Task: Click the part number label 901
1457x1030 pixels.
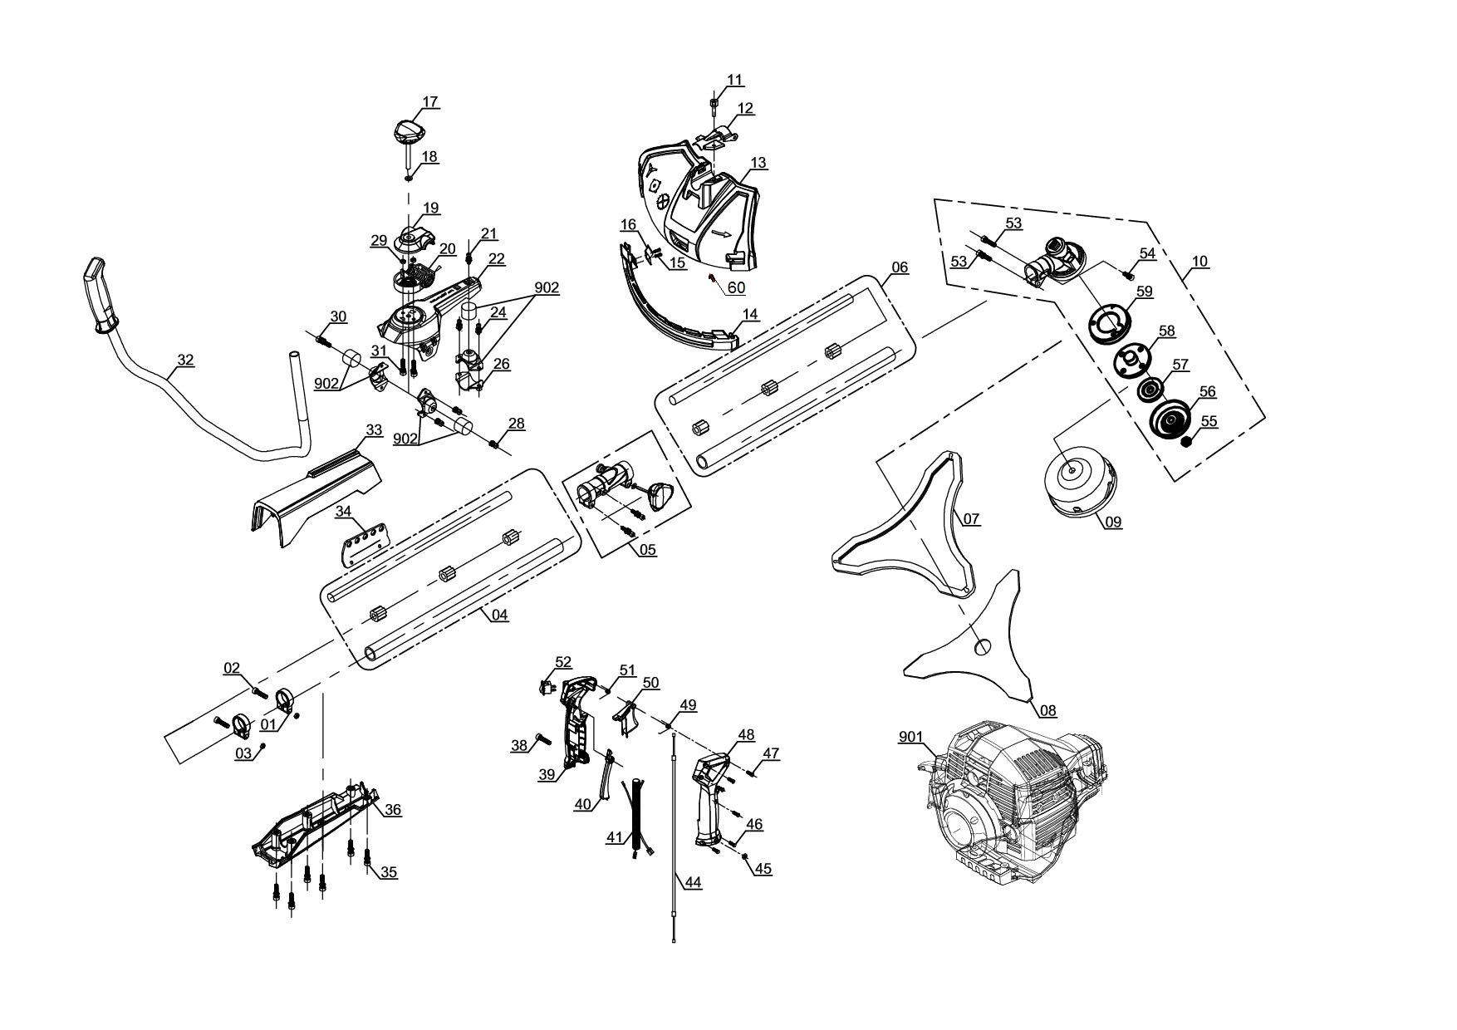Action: [911, 737]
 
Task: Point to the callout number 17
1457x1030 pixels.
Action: [429, 102]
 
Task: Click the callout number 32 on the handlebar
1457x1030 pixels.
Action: [185, 360]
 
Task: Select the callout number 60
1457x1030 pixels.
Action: [736, 288]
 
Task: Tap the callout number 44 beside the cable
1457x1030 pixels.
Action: [693, 883]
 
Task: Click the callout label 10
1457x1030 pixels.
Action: [1199, 262]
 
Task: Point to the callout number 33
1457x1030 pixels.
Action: [374, 430]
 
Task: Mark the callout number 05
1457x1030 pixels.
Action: [647, 549]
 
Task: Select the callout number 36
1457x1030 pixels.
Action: [392, 810]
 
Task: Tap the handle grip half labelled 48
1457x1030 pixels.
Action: [711, 797]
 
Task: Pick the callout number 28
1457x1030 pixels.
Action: [516, 424]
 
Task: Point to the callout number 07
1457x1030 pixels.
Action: [971, 519]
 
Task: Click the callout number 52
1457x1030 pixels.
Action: [563, 662]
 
